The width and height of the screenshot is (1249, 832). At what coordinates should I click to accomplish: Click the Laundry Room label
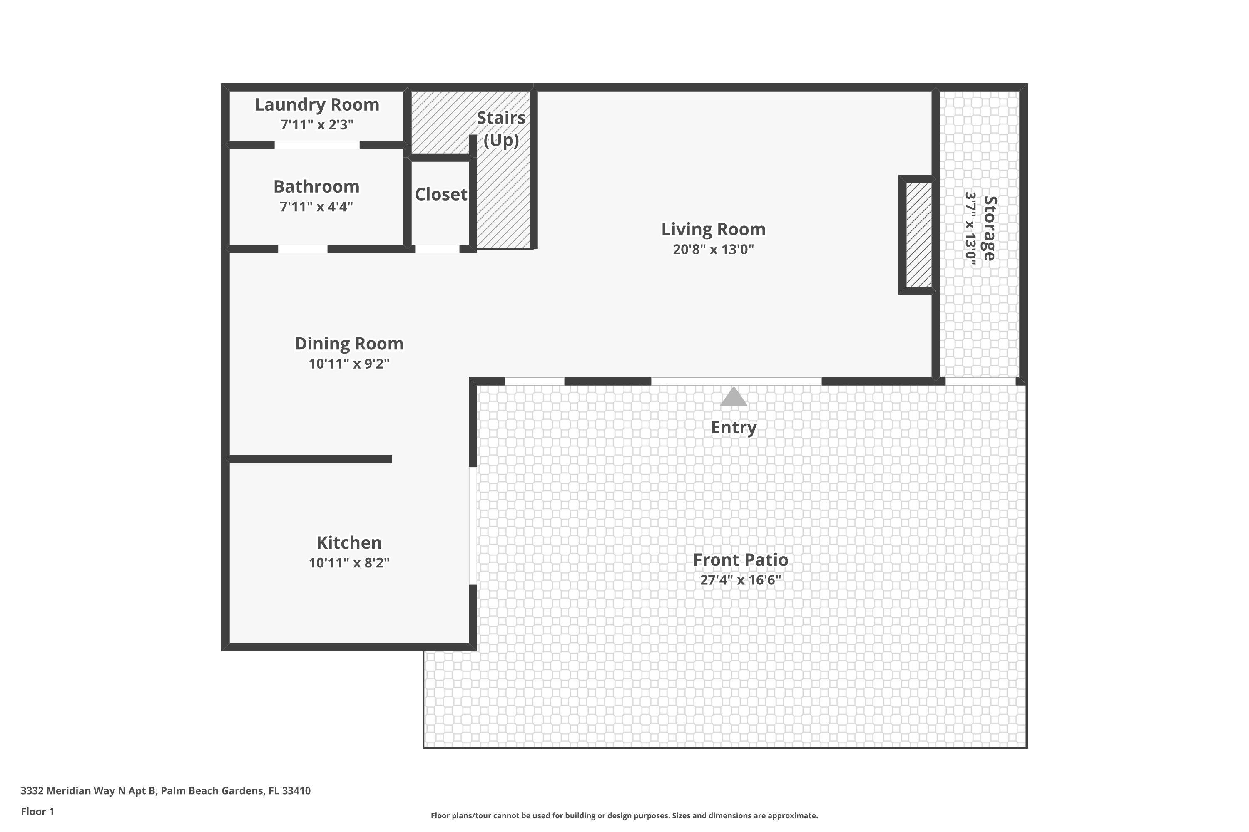[317, 104]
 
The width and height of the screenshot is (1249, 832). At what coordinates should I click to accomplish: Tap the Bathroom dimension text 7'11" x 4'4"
[316, 206]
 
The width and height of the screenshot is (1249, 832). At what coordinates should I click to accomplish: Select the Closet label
[441, 194]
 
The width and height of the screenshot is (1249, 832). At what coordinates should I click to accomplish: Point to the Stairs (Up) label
[501, 129]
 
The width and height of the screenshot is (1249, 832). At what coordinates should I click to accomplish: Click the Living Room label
[713, 229]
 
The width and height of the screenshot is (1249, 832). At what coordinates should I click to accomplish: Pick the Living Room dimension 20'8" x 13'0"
[713, 249]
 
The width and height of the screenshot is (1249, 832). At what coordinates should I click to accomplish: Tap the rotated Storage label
[990, 228]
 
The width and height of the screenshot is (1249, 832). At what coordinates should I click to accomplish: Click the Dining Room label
[349, 343]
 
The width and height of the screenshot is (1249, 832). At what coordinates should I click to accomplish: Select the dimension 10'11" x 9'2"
[349, 364]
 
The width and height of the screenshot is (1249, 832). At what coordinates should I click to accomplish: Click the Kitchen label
[349, 542]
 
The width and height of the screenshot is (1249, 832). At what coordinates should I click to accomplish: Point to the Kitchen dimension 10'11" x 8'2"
[349, 563]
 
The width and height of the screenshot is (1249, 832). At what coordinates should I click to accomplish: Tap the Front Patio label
[740, 560]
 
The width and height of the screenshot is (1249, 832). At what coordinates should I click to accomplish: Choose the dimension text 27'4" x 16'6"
[740, 580]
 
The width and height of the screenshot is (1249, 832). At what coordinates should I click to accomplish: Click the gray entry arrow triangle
[733, 397]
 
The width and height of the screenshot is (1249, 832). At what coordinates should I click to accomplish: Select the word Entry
[733, 427]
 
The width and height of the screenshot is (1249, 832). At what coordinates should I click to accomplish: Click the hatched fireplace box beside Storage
[918, 235]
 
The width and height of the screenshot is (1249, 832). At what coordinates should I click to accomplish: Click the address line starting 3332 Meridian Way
[166, 791]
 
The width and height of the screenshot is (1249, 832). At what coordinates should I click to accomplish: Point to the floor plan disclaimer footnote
[624, 815]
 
